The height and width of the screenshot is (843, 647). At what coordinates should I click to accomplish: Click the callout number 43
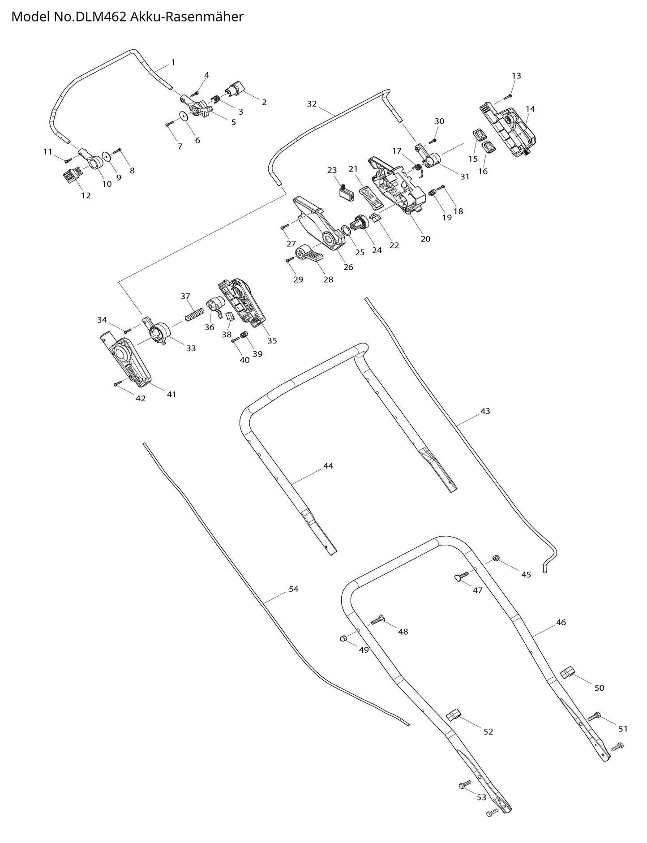485,411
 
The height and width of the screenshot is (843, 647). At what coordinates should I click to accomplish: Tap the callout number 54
293,589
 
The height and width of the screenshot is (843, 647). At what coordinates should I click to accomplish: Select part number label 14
530,109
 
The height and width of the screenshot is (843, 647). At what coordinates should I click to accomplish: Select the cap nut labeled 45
496,558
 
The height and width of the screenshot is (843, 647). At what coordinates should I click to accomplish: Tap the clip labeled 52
454,714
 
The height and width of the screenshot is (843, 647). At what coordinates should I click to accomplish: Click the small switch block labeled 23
346,191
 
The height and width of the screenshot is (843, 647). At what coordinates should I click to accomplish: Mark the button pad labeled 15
479,134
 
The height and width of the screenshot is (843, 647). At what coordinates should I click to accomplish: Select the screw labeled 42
118,383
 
